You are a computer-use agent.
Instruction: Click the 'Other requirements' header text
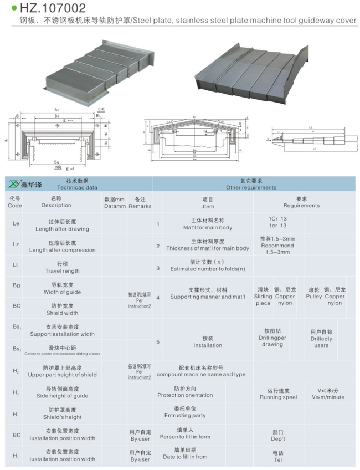(251, 188)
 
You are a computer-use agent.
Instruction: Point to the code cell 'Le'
(16, 224)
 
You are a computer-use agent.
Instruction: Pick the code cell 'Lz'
(16, 246)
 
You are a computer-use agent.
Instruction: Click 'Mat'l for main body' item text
(208, 227)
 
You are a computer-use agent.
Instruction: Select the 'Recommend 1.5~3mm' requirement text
(277, 248)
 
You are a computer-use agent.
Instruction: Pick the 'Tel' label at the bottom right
(278, 459)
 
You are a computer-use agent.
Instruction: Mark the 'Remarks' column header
(140, 206)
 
